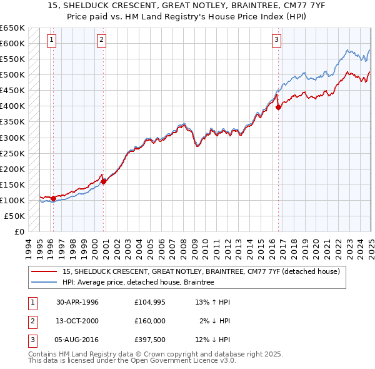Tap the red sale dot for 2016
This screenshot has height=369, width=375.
coord(279,107)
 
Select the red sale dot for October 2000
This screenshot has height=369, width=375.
coord(104,181)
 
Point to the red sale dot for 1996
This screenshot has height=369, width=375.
coord(54,199)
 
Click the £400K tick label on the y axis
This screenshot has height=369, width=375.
coord(12,106)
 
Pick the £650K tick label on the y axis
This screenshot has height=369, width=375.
coord(12,28)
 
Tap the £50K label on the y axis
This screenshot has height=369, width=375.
coord(15,216)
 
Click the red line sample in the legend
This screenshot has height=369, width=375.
coord(44,272)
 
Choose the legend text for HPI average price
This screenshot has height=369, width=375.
coord(138,283)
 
